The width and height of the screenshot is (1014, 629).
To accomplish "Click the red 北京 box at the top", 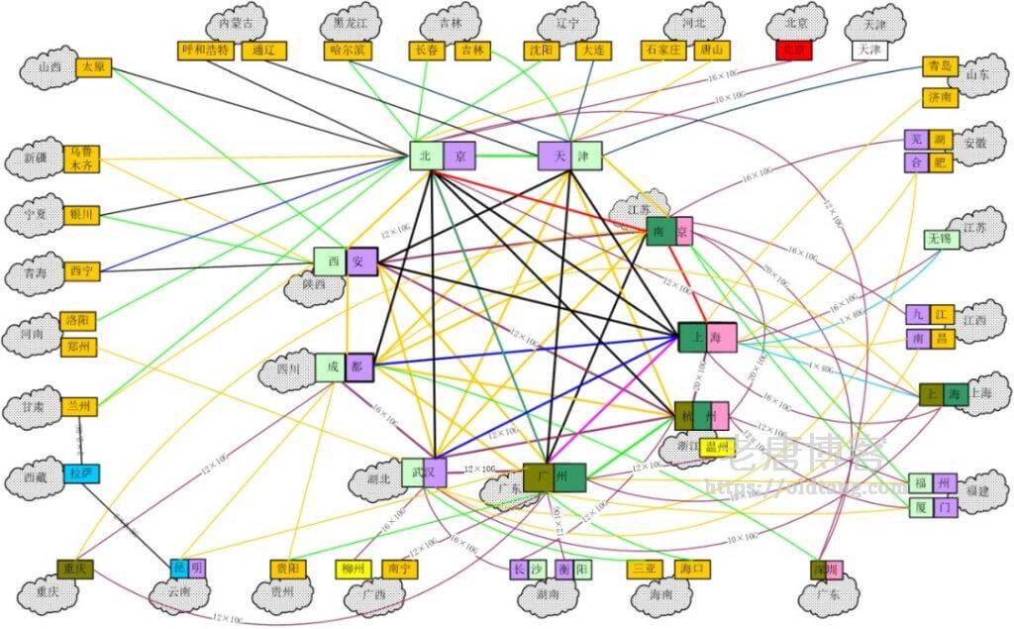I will point(794,50).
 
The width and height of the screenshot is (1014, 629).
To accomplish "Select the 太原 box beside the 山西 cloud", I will point(94,68).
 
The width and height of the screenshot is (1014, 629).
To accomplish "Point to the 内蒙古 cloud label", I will point(237,22).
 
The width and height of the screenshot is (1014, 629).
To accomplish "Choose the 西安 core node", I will point(346,262).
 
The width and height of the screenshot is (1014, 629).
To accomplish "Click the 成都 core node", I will point(346,367).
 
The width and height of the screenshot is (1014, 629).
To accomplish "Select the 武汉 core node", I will point(424,472).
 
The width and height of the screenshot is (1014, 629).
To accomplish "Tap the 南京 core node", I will point(668,232).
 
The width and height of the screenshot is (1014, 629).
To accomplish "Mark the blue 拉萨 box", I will point(83,473).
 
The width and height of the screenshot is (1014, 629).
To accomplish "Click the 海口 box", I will point(693,570).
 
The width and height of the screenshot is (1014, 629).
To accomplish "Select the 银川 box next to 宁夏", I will point(81,214).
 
